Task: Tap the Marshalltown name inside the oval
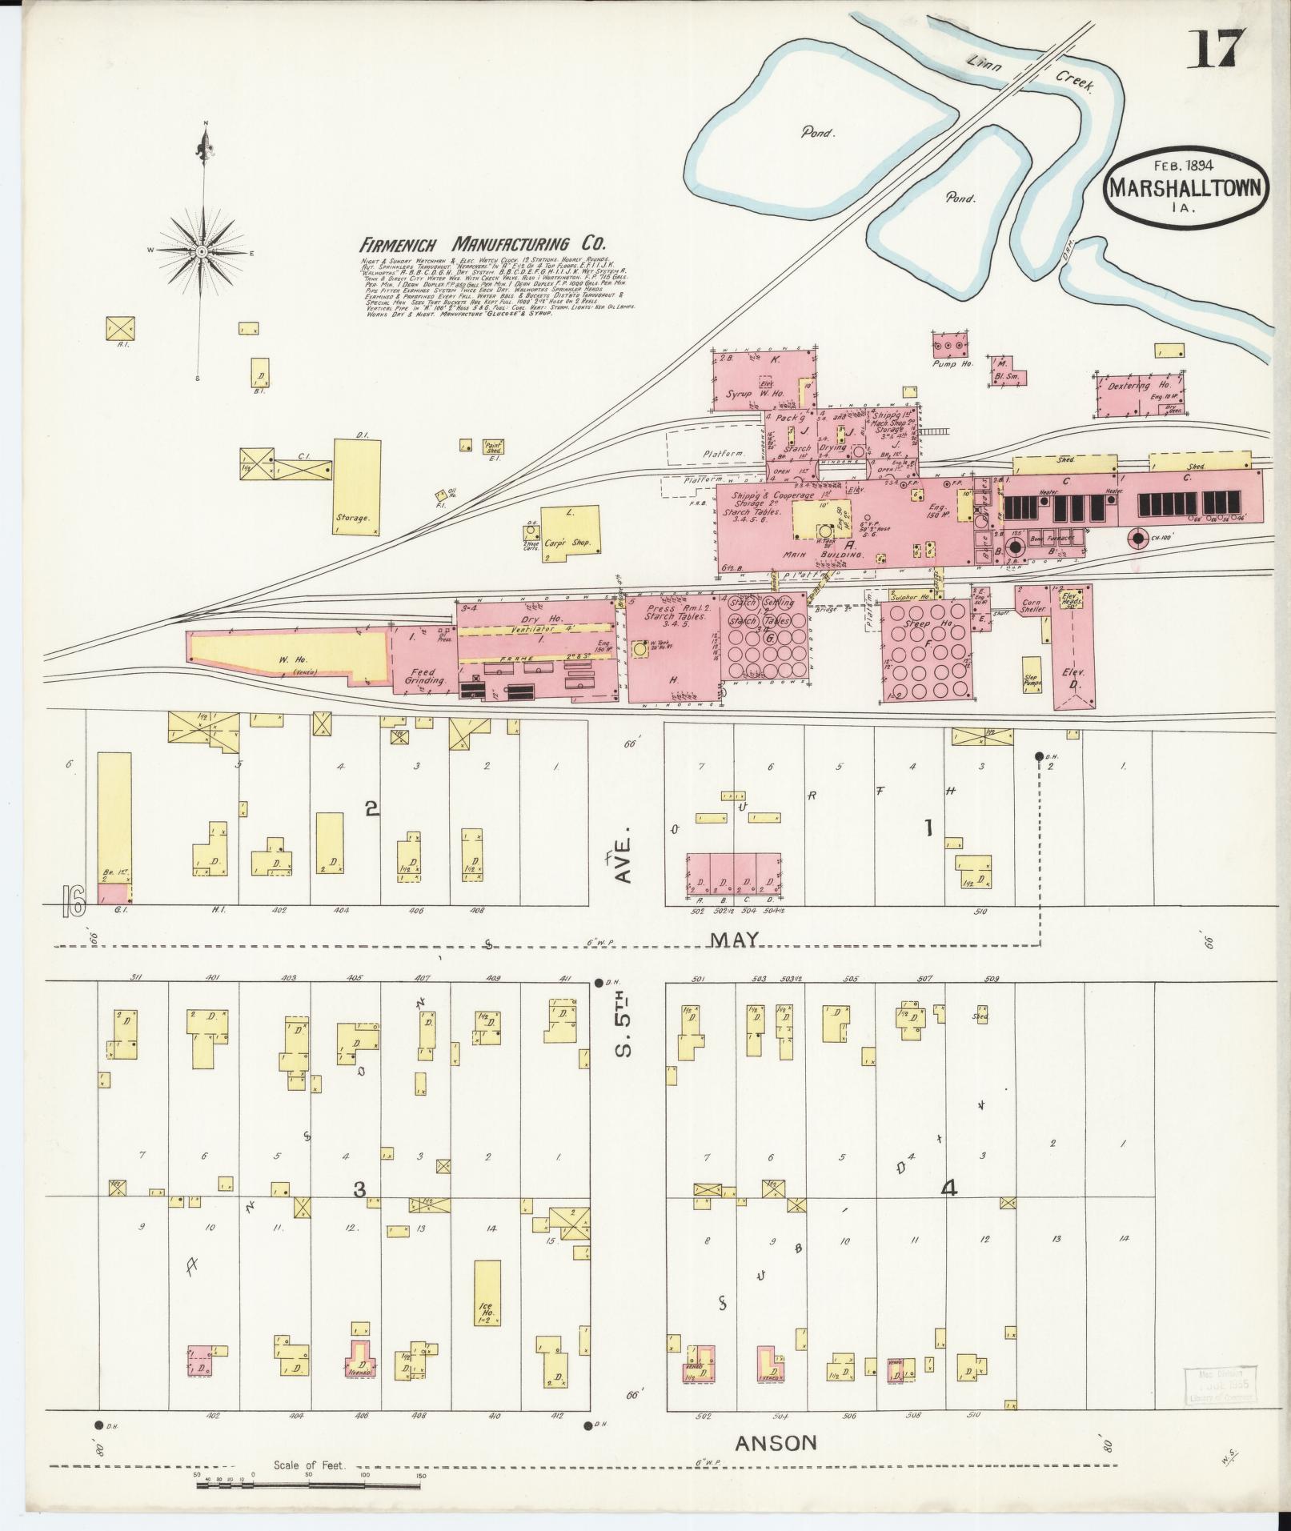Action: pyautogui.click(x=1187, y=188)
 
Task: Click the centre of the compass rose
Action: pyautogui.click(x=201, y=251)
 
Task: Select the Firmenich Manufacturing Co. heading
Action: pyautogui.click(x=483, y=244)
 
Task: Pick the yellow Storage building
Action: pyautogui.click(x=356, y=486)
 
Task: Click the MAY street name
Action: pyautogui.click(x=735, y=940)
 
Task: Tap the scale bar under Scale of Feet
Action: pyautogui.click(x=308, y=1486)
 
